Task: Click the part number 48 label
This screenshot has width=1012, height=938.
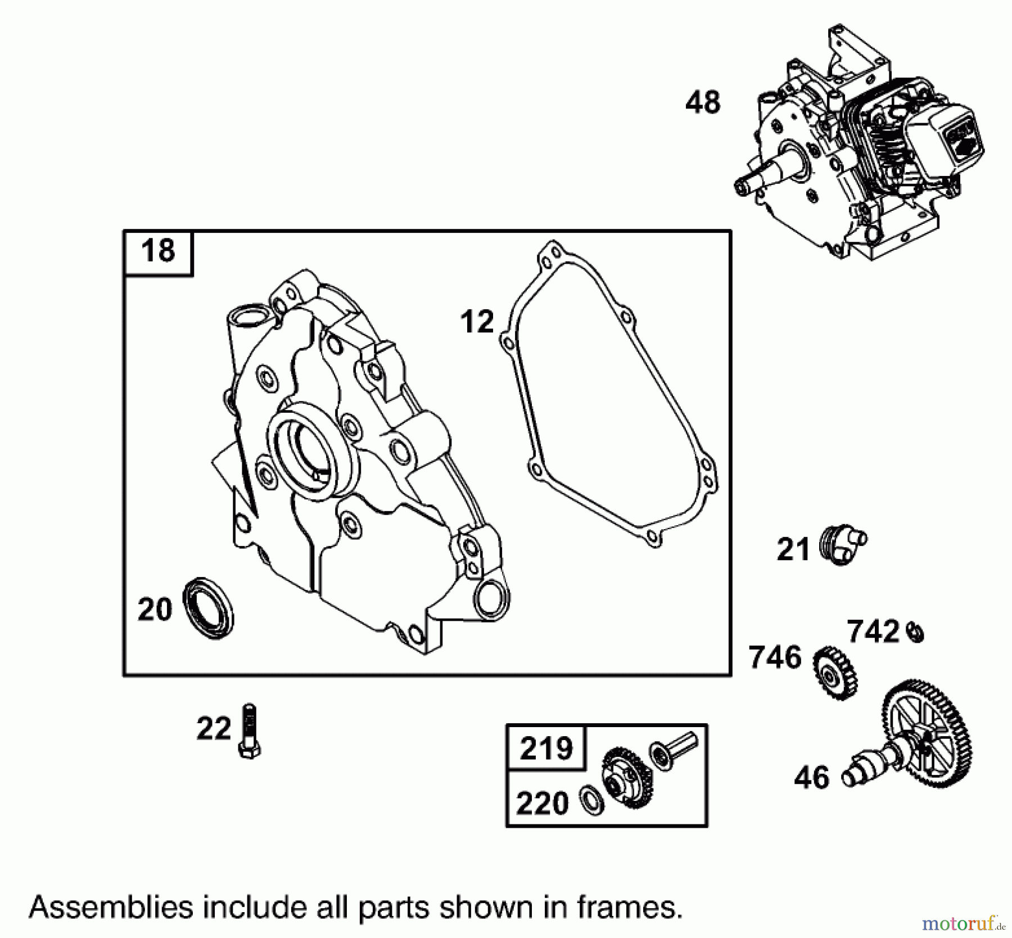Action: click(703, 103)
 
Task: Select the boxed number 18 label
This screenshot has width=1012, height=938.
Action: click(158, 251)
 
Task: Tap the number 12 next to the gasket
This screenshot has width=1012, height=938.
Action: click(477, 322)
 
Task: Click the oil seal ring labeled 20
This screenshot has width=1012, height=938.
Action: click(209, 607)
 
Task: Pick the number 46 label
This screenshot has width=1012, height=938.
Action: click(811, 778)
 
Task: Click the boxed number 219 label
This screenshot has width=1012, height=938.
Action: click(546, 748)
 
